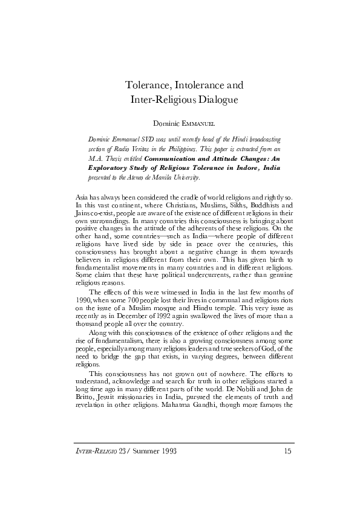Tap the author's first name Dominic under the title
(166, 123)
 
